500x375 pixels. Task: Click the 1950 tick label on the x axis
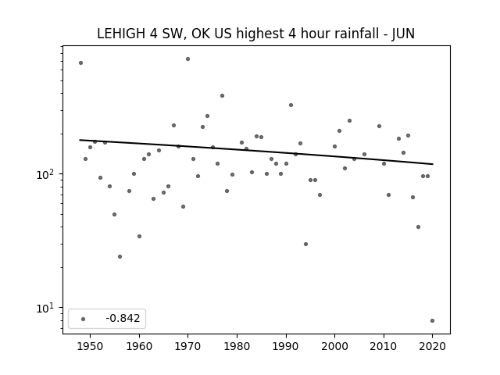(x=90, y=346)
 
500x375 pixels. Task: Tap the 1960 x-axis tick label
(x=139, y=346)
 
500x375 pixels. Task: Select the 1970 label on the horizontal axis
(x=187, y=346)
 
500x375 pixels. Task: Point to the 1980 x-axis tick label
(x=237, y=346)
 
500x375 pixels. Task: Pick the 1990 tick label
(x=286, y=346)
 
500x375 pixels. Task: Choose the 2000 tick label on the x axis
(x=334, y=346)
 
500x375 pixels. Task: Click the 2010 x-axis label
(x=384, y=346)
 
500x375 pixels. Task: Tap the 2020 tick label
(x=432, y=346)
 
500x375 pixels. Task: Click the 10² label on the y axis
(x=45, y=174)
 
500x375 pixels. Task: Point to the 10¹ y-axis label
(x=45, y=308)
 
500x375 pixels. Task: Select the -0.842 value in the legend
(x=123, y=318)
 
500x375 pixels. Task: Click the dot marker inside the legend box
(x=84, y=319)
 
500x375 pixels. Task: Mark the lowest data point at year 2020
(x=432, y=321)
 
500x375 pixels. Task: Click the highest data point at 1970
(x=187, y=59)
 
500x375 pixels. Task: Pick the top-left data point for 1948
(x=80, y=63)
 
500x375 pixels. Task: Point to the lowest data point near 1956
(x=120, y=257)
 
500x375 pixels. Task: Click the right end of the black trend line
(x=433, y=164)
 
